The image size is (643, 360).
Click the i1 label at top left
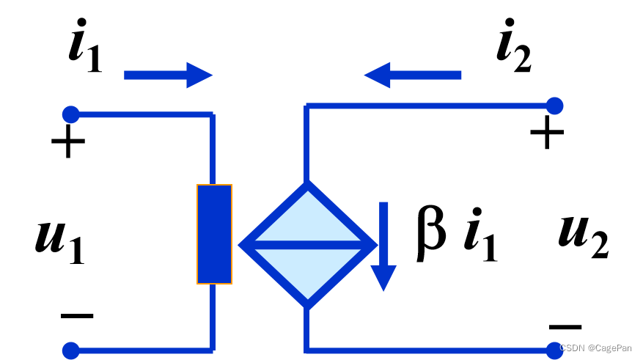pyautogui.click(x=84, y=53)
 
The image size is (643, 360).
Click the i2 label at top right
pyautogui.click(x=512, y=53)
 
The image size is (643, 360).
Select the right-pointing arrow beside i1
pyautogui.click(x=168, y=75)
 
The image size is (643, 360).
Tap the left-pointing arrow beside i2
pyautogui.click(x=412, y=75)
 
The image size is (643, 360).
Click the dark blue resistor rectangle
pyautogui.click(x=214, y=234)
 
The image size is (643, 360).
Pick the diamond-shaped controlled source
pyautogui.click(x=307, y=244)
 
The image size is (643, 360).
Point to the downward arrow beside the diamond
pyautogui.click(x=383, y=246)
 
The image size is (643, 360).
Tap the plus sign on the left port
pyautogui.click(x=68, y=143)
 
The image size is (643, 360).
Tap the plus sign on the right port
pyautogui.click(x=547, y=133)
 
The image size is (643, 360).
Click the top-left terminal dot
pyautogui.click(x=70, y=114)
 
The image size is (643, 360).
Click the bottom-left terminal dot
pyautogui.click(x=70, y=350)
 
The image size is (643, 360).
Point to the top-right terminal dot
pyautogui.click(x=555, y=106)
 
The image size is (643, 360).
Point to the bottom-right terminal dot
pyautogui.click(x=555, y=350)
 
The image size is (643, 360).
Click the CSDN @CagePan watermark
pyautogui.click(x=598, y=348)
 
